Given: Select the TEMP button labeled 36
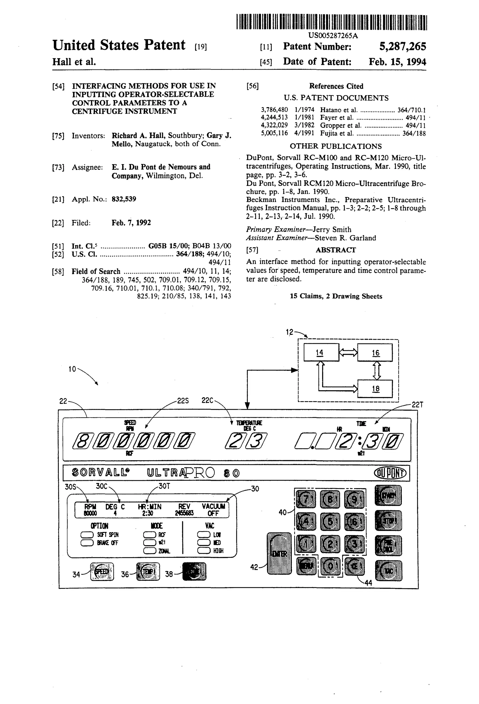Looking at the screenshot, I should click(148, 571).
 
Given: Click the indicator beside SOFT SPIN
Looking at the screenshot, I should click(87, 535).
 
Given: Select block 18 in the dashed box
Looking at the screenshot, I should click(375, 389).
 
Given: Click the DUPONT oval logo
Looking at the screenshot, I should click(391, 473).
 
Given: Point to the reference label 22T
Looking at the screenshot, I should click(417, 405).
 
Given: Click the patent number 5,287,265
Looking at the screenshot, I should click(402, 46).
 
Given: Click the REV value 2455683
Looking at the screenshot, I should click(184, 513).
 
